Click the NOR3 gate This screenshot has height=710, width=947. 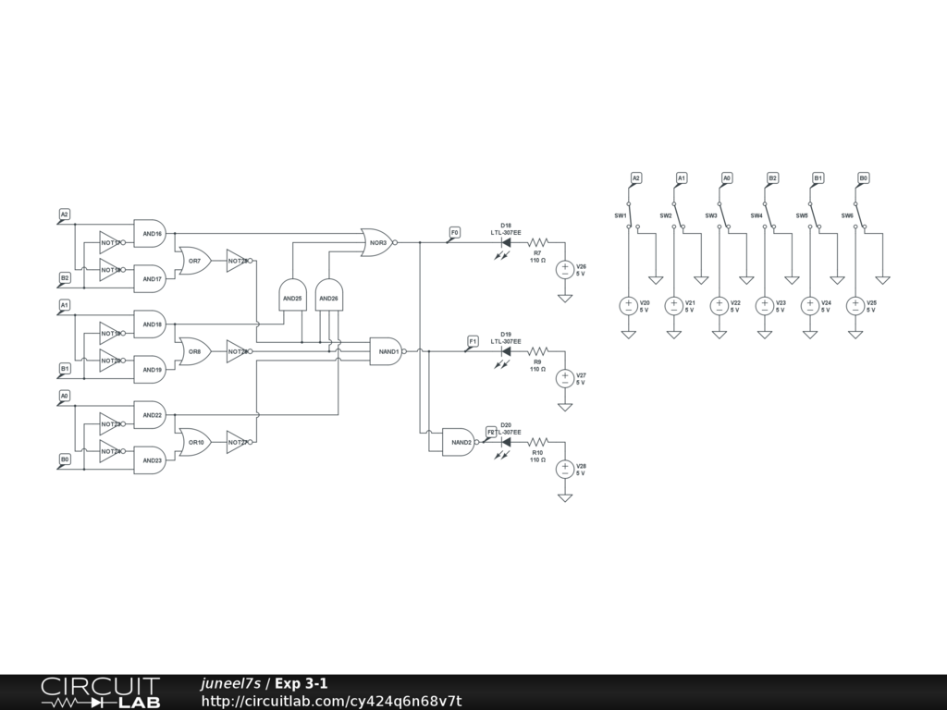(x=376, y=242)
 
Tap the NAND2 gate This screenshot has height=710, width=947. (x=460, y=443)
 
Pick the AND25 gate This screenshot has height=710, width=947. (x=291, y=296)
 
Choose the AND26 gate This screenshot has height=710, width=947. (x=328, y=296)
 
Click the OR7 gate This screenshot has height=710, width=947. (x=195, y=261)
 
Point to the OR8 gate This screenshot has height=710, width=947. (x=195, y=351)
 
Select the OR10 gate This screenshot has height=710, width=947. (x=195, y=442)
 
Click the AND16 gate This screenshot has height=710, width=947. (x=151, y=234)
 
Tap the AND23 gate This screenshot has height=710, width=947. (x=151, y=460)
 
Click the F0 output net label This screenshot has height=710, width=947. (x=454, y=232)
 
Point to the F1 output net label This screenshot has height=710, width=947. (x=473, y=341)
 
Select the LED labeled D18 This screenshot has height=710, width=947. (x=506, y=242)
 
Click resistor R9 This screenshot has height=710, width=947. (x=537, y=351)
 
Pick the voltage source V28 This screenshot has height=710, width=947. (x=565, y=470)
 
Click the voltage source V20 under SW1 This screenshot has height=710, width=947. (x=628, y=306)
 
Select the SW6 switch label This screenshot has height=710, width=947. (x=847, y=215)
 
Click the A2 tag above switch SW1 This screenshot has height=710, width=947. (x=636, y=177)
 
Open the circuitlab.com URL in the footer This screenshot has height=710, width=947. (x=331, y=701)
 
